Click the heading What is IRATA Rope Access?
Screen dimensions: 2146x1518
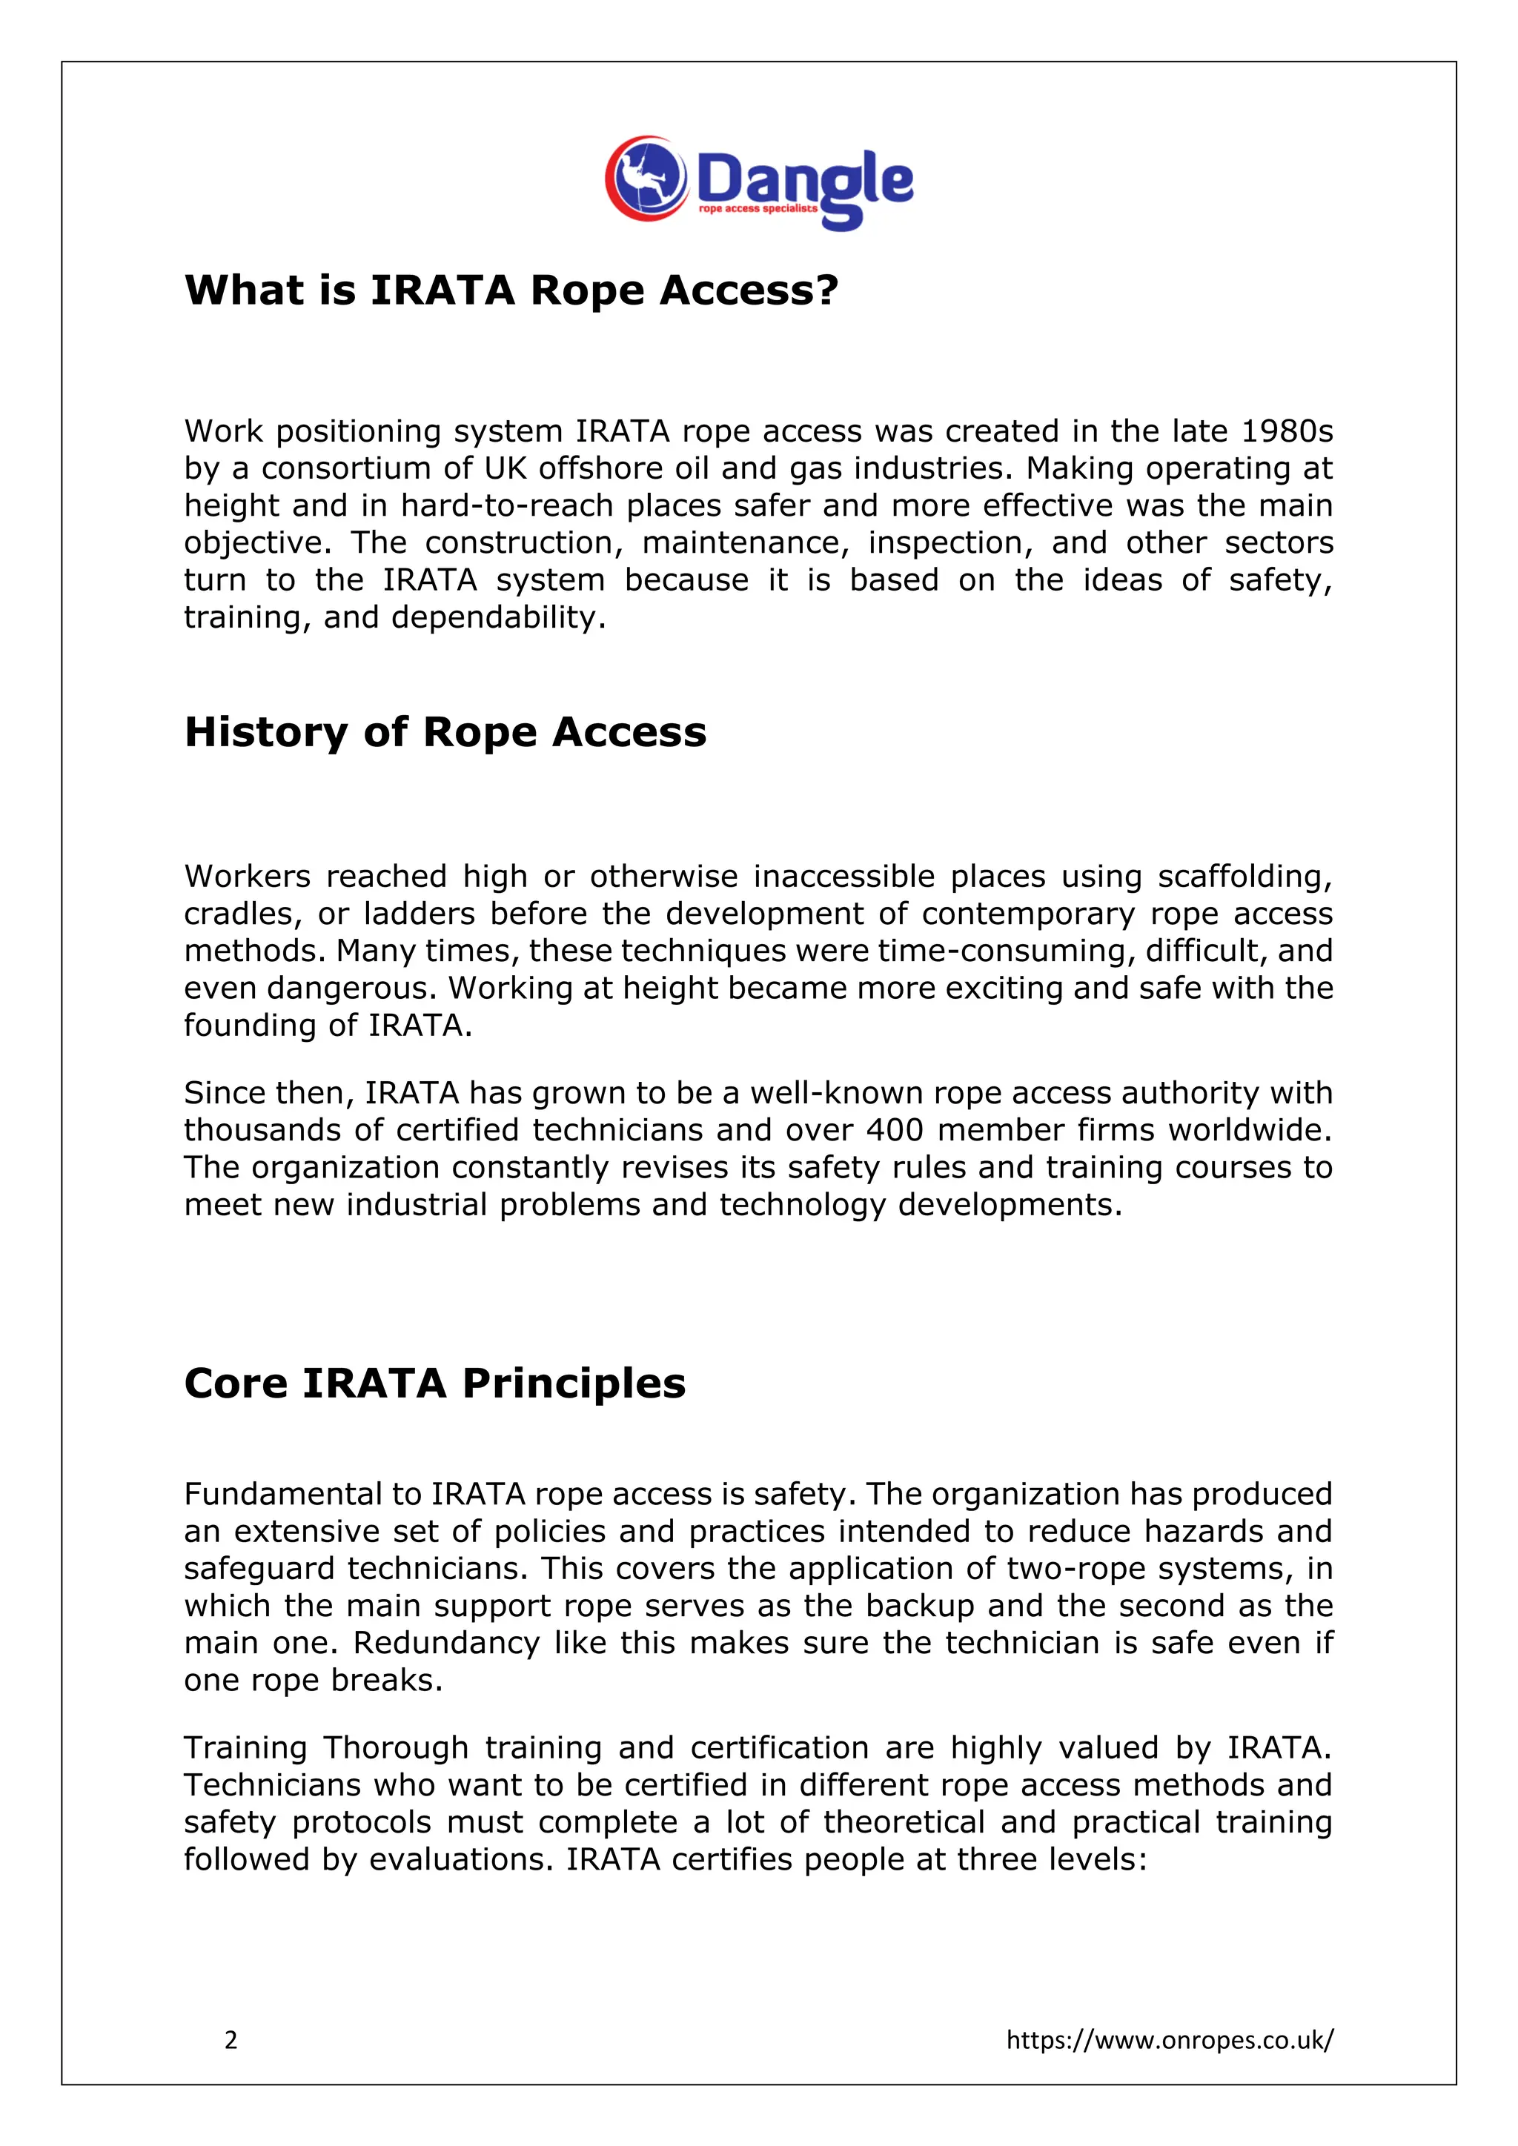pyautogui.click(x=511, y=290)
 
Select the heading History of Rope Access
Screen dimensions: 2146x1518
pyautogui.click(x=445, y=732)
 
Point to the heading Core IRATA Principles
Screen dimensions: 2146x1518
pyautogui.click(x=434, y=1383)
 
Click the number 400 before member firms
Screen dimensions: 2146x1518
pyautogui.click(x=895, y=1130)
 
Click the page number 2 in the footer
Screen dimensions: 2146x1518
pyautogui.click(x=231, y=2039)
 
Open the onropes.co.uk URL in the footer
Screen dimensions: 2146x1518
pyautogui.click(x=1170, y=2039)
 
